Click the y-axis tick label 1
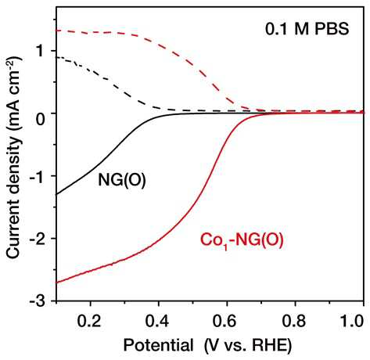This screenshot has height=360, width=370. [x=40, y=51]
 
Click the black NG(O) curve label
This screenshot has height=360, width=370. [x=122, y=180]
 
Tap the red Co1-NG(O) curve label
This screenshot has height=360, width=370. [x=242, y=240]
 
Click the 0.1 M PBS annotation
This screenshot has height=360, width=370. [x=307, y=29]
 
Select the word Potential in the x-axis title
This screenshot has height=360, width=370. [x=158, y=345]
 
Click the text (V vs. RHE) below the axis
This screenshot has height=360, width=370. [x=248, y=346]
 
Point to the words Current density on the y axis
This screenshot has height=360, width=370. [x=13, y=197]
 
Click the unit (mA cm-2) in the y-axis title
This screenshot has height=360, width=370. [x=13, y=92]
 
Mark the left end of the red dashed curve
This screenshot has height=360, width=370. [x=57, y=31]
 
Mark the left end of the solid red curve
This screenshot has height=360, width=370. [x=57, y=283]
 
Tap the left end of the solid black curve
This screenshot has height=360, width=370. [x=57, y=194]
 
